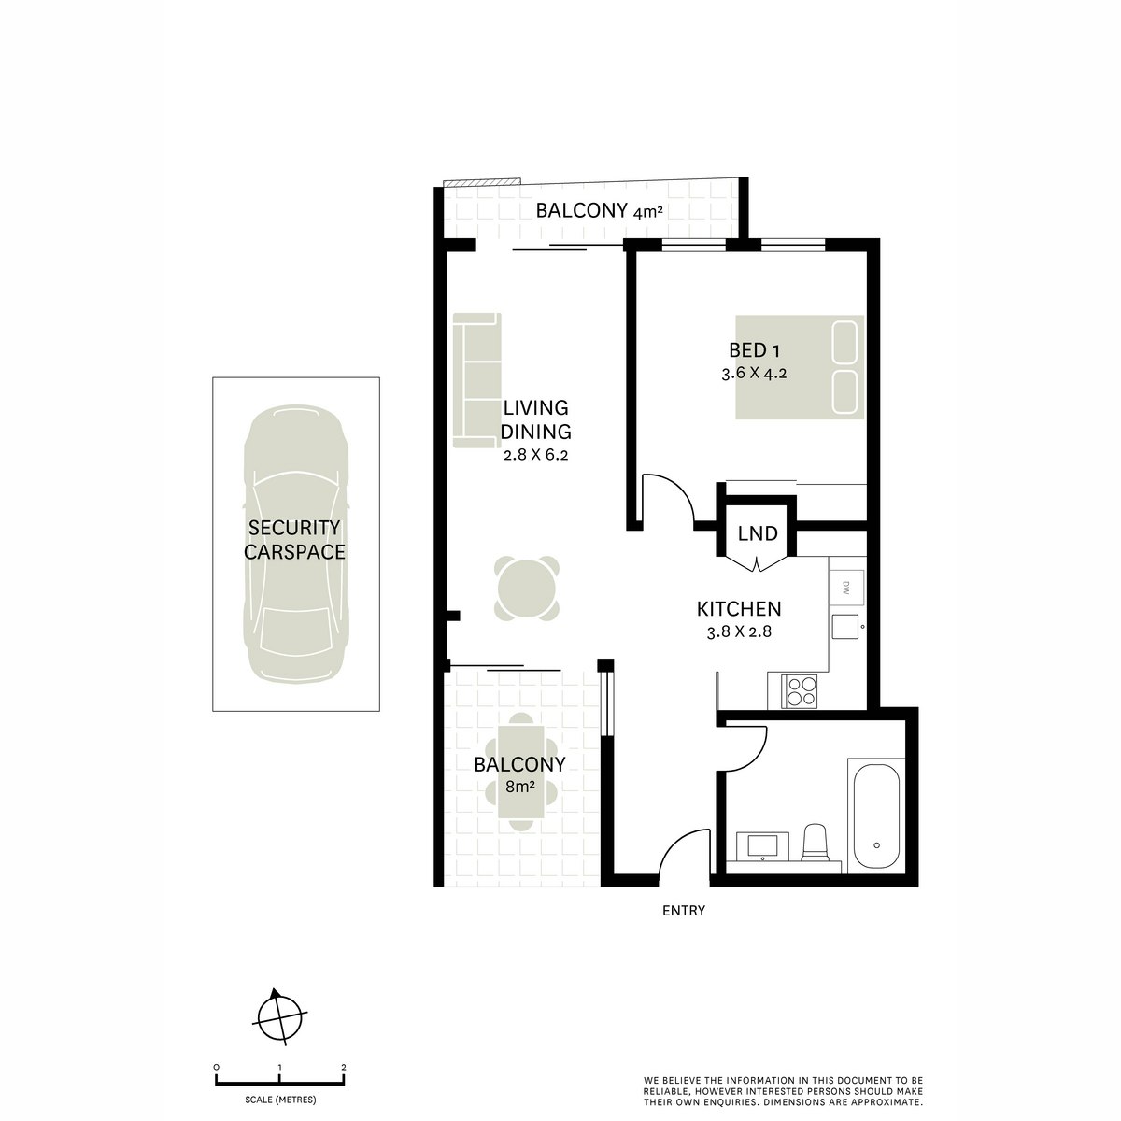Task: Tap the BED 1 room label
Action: [754, 350]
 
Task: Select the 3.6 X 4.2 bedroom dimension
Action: [754, 372]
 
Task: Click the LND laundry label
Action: [758, 534]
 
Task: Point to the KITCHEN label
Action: [739, 609]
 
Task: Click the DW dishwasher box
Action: [846, 589]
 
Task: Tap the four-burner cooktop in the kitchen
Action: [801, 691]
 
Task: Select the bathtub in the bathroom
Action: [875, 816]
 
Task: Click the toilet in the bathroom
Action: [815, 841]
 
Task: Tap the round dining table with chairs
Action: [529, 589]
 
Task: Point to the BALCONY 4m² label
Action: [599, 212]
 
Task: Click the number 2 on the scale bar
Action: [344, 1066]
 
